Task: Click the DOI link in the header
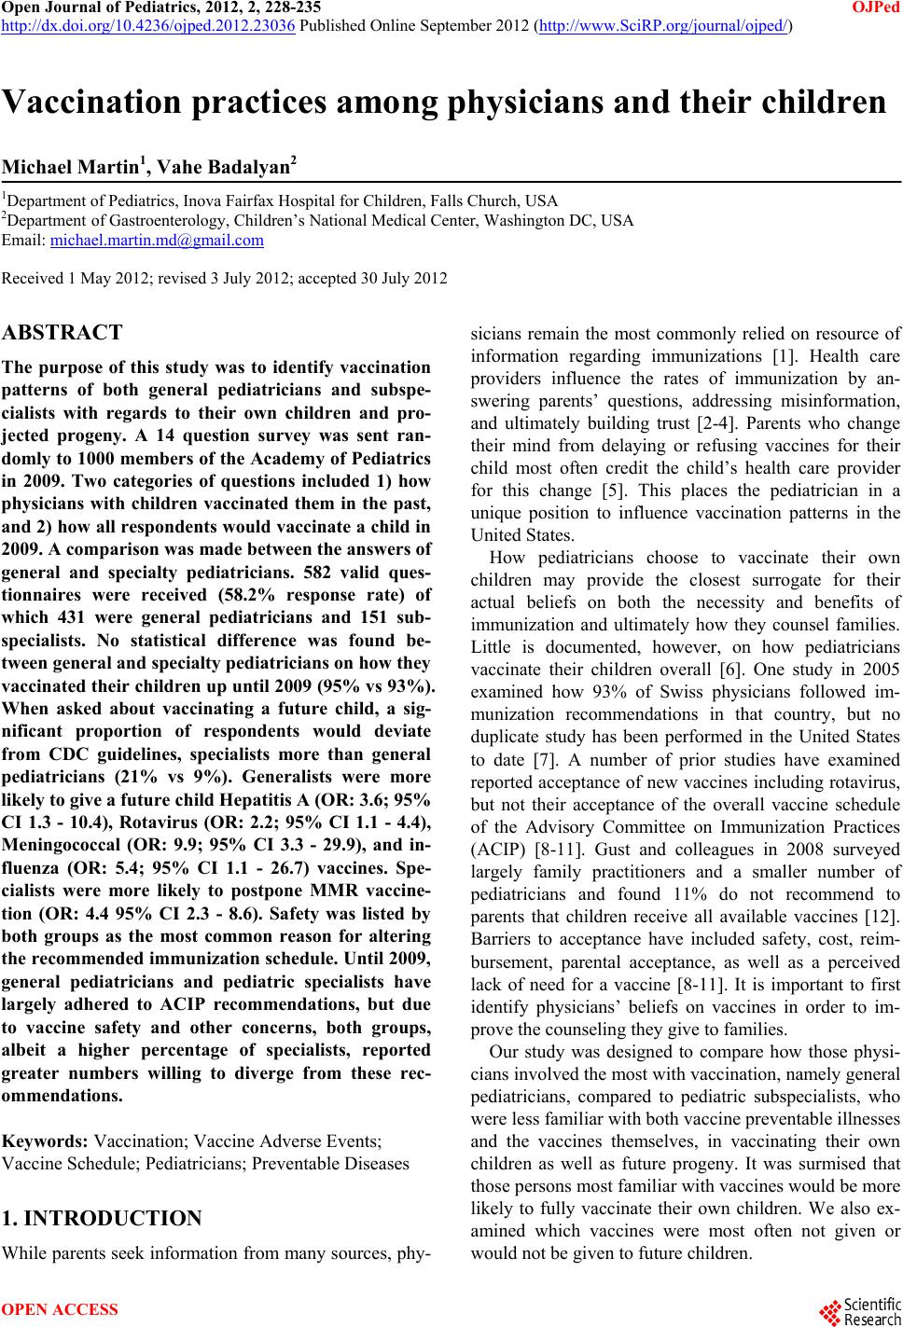click(x=148, y=26)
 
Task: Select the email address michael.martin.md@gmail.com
click(x=157, y=241)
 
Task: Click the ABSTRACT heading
click(x=63, y=333)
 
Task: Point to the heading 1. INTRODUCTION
click(x=103, y=1219)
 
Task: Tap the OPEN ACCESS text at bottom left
click(x=62, y=1310)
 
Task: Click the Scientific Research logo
click(x=860, y=1309)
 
